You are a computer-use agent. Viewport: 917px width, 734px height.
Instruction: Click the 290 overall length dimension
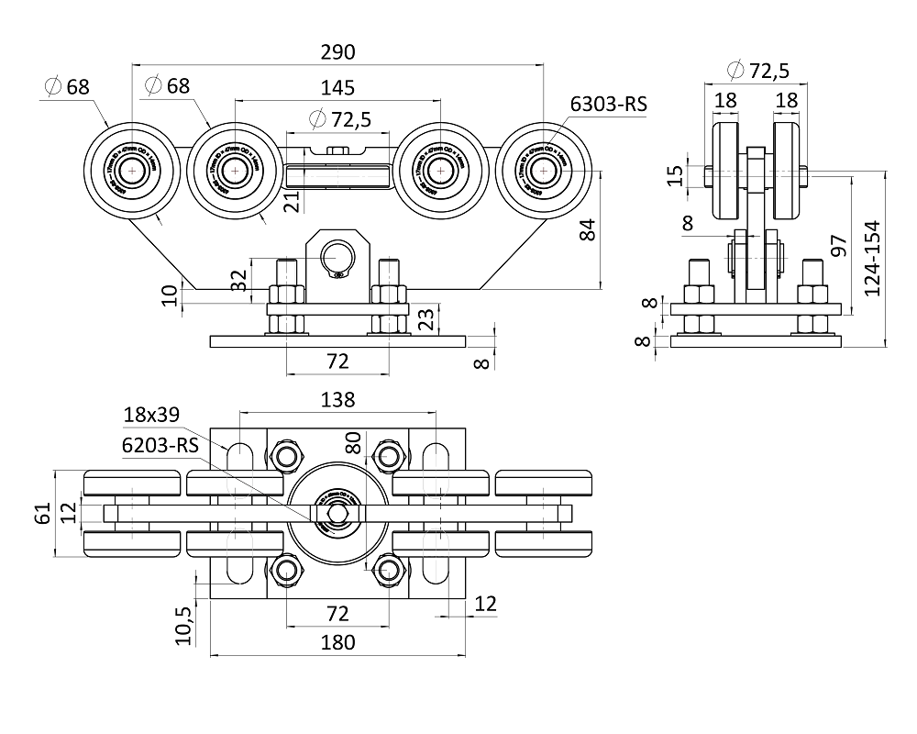coord(337,51)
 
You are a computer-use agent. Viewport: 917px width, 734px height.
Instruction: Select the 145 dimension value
coord(337,87)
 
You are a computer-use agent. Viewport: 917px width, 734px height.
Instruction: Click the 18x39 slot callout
coord(153,415)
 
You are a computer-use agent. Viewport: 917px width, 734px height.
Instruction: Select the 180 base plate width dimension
coord(337,642)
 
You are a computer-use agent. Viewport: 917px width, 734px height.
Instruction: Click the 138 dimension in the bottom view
coord(337,399)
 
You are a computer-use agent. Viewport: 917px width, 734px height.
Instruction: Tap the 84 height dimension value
coord(590,229)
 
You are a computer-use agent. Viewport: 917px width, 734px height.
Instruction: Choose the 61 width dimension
coord(42,515)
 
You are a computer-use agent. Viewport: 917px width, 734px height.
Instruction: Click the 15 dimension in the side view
coord(675,175)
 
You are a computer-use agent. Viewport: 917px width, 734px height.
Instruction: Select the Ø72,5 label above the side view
coord(757,69)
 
